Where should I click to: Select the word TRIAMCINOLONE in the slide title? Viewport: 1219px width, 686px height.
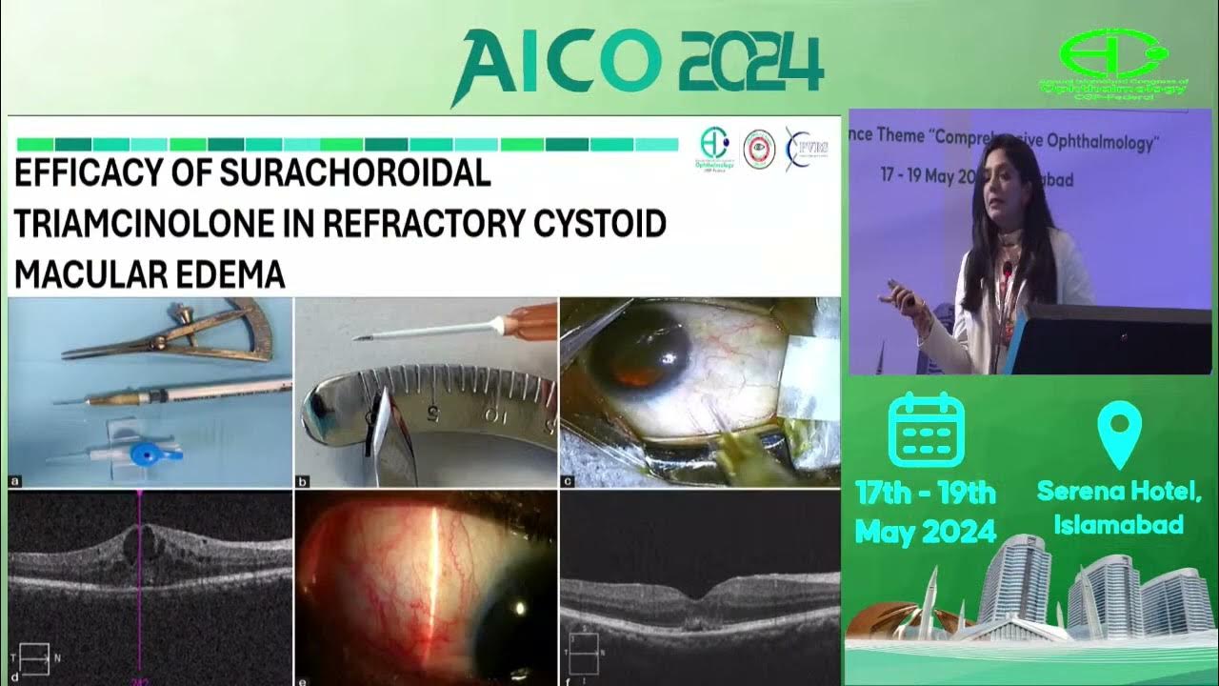click(163, 224)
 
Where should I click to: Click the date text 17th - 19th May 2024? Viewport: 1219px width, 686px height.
click(925, 511)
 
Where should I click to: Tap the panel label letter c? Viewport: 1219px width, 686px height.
click(569, 481)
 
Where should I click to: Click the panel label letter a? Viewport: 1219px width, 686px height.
click(14, 481)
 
